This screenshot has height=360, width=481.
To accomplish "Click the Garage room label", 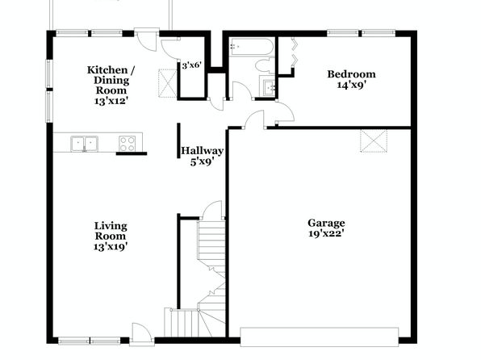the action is pos(326,228).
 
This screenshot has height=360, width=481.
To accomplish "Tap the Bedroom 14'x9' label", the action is pos(352,79).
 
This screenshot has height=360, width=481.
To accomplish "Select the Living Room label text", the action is pos(111,236).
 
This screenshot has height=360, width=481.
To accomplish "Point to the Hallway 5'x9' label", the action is pos(202,157).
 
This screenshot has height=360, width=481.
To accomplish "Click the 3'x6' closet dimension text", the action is pos(191,65).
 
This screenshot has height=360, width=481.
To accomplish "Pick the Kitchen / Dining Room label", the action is pos(111,86).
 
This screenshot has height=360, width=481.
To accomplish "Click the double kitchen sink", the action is pos(85,144).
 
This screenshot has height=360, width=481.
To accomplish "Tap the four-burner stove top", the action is pos(128,144).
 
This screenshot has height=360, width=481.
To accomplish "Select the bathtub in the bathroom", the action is pos(251,47).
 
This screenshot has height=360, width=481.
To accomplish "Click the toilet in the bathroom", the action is pos(265,65).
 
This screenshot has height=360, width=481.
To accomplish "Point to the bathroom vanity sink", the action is pos(270,87).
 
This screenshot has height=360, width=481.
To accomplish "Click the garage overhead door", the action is pos(320,337).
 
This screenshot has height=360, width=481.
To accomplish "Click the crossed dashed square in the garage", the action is pos(374,141).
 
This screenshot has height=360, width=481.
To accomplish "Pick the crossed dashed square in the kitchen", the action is pos(168,83).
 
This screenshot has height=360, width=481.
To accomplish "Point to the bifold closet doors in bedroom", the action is pos(295,51).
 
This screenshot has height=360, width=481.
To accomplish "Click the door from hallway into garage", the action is pos(254,119).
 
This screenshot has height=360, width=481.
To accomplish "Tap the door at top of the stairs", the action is pos(213,210).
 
